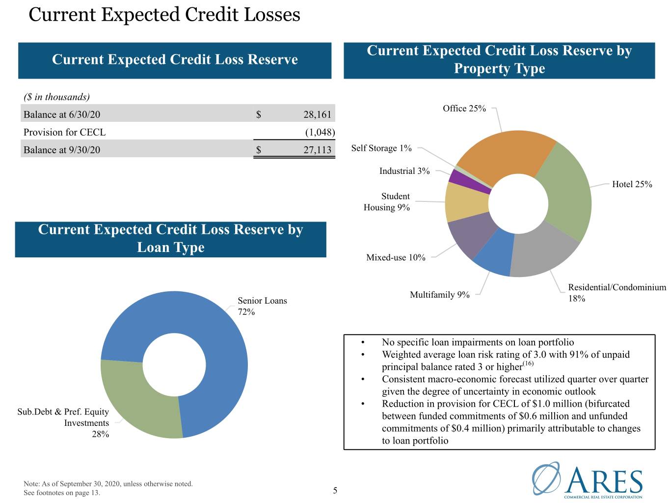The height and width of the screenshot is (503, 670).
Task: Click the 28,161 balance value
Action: (317, 114)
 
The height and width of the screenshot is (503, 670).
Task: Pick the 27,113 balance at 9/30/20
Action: (317, 150)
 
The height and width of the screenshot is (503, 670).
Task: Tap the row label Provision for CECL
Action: (64, 132)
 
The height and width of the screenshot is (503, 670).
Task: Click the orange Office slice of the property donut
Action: (504, 156)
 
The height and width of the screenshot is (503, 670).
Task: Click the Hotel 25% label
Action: (632, 184)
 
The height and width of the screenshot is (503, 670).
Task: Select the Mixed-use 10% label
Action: (395, 257)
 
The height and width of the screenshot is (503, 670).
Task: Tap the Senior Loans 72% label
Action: (262, 306)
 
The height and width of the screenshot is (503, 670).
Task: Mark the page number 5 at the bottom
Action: (335, 491)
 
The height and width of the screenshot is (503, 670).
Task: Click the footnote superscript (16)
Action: (528, 363)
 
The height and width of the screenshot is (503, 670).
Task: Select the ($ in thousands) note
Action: (56, 97)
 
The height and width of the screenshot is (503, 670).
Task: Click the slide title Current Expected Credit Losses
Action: (164, 15)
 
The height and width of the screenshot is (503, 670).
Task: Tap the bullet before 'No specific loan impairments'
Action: (363, 342)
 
